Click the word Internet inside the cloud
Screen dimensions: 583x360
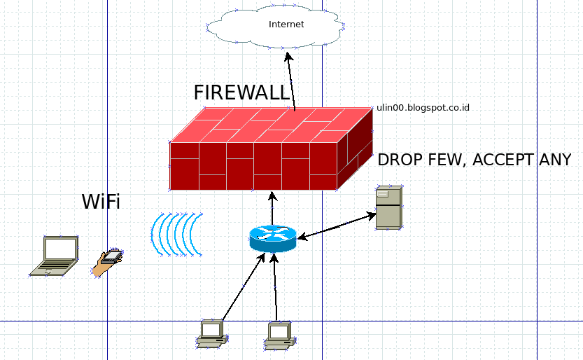(x=286, y=25)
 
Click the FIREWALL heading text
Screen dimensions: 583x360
(x=241, y=92)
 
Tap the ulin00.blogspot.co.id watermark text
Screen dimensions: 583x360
(x=423, y=107)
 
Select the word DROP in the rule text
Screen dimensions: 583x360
(x=400, y=160)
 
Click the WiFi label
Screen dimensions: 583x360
(x=101, y=202)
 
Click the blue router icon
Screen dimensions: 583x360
(x=273, y=238)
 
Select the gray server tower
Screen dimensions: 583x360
(x=389, y=207)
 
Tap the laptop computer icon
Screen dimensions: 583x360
(x=54, y=256)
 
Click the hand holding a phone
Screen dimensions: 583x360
(x=108, y=263)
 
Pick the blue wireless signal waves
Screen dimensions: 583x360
(x=176, y=235)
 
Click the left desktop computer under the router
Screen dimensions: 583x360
(x=212, y=334)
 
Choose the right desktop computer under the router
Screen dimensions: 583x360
(x=281, y=336)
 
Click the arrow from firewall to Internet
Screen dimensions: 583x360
(x=291, y=81)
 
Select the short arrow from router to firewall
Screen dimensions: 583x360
(x=272, y=208)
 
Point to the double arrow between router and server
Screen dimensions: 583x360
(x=337, y=226)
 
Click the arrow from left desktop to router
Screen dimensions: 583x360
(x=243, y=286)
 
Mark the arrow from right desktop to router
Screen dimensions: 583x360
(x=275, y=287)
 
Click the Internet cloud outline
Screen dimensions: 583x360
(x=276, y=26)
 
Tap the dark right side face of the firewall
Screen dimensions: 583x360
(x=355, y=148)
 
